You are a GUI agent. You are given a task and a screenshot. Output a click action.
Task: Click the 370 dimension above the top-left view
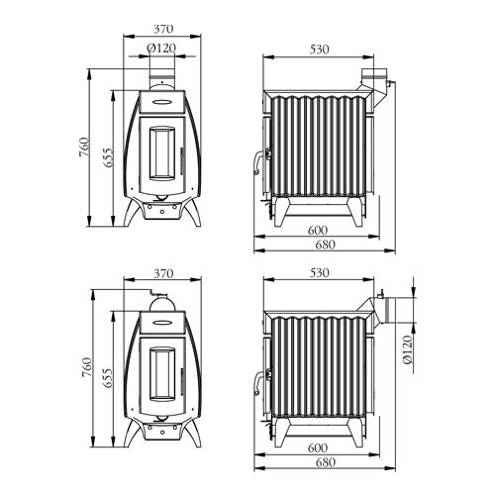[163, 29]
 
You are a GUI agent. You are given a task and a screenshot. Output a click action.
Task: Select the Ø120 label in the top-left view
[161, 49]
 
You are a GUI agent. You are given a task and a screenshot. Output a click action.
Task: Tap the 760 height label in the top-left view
[84, 148]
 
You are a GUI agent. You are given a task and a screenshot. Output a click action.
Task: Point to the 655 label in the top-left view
[108, 157]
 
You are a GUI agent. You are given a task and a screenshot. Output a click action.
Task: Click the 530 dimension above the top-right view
[320, 49]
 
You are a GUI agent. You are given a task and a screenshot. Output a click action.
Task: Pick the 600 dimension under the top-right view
[318, 230]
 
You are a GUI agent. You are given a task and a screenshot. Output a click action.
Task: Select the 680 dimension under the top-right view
[326, 245]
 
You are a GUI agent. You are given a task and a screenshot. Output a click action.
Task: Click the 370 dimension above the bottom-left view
[163, 273]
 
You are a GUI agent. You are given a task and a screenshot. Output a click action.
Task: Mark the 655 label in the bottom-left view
[108, 378]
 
